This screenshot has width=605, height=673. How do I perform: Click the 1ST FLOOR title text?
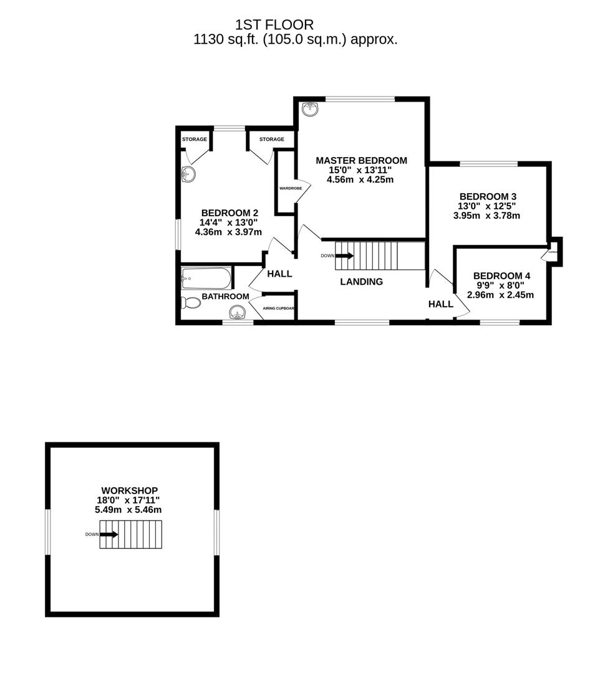click(x=274, y=25)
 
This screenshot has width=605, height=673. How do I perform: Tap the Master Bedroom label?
click(x=361, y=160)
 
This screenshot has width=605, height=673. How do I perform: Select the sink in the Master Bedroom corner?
click(x=309, y=110)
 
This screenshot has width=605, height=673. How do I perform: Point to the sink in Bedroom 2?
click(x=188, y=174)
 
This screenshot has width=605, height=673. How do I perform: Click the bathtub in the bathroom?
click(x=206, y=279)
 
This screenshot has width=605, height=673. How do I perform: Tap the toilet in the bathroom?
click(x=191, y=303)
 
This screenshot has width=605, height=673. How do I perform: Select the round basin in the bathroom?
click(x=239, y=312)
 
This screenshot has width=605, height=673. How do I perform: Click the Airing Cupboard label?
click(x=278, y=308)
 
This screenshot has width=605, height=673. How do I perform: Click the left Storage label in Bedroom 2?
click(x=194, y=139)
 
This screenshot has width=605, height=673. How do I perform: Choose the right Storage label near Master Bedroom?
click(x=271, y=139)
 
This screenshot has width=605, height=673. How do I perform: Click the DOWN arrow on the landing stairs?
click(x=344, y=255)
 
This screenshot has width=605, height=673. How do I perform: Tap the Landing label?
click(x=361, y=282)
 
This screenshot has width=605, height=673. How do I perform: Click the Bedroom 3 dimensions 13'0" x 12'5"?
click(x=486, y=206)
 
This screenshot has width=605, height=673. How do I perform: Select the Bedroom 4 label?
click(x=502, y=275)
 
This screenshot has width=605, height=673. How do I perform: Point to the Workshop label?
click(x=129, y=490)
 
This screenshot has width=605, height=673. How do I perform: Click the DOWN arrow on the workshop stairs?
click(x=109, y=534)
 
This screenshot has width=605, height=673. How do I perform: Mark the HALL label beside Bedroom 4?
click(x=440, y=304)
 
